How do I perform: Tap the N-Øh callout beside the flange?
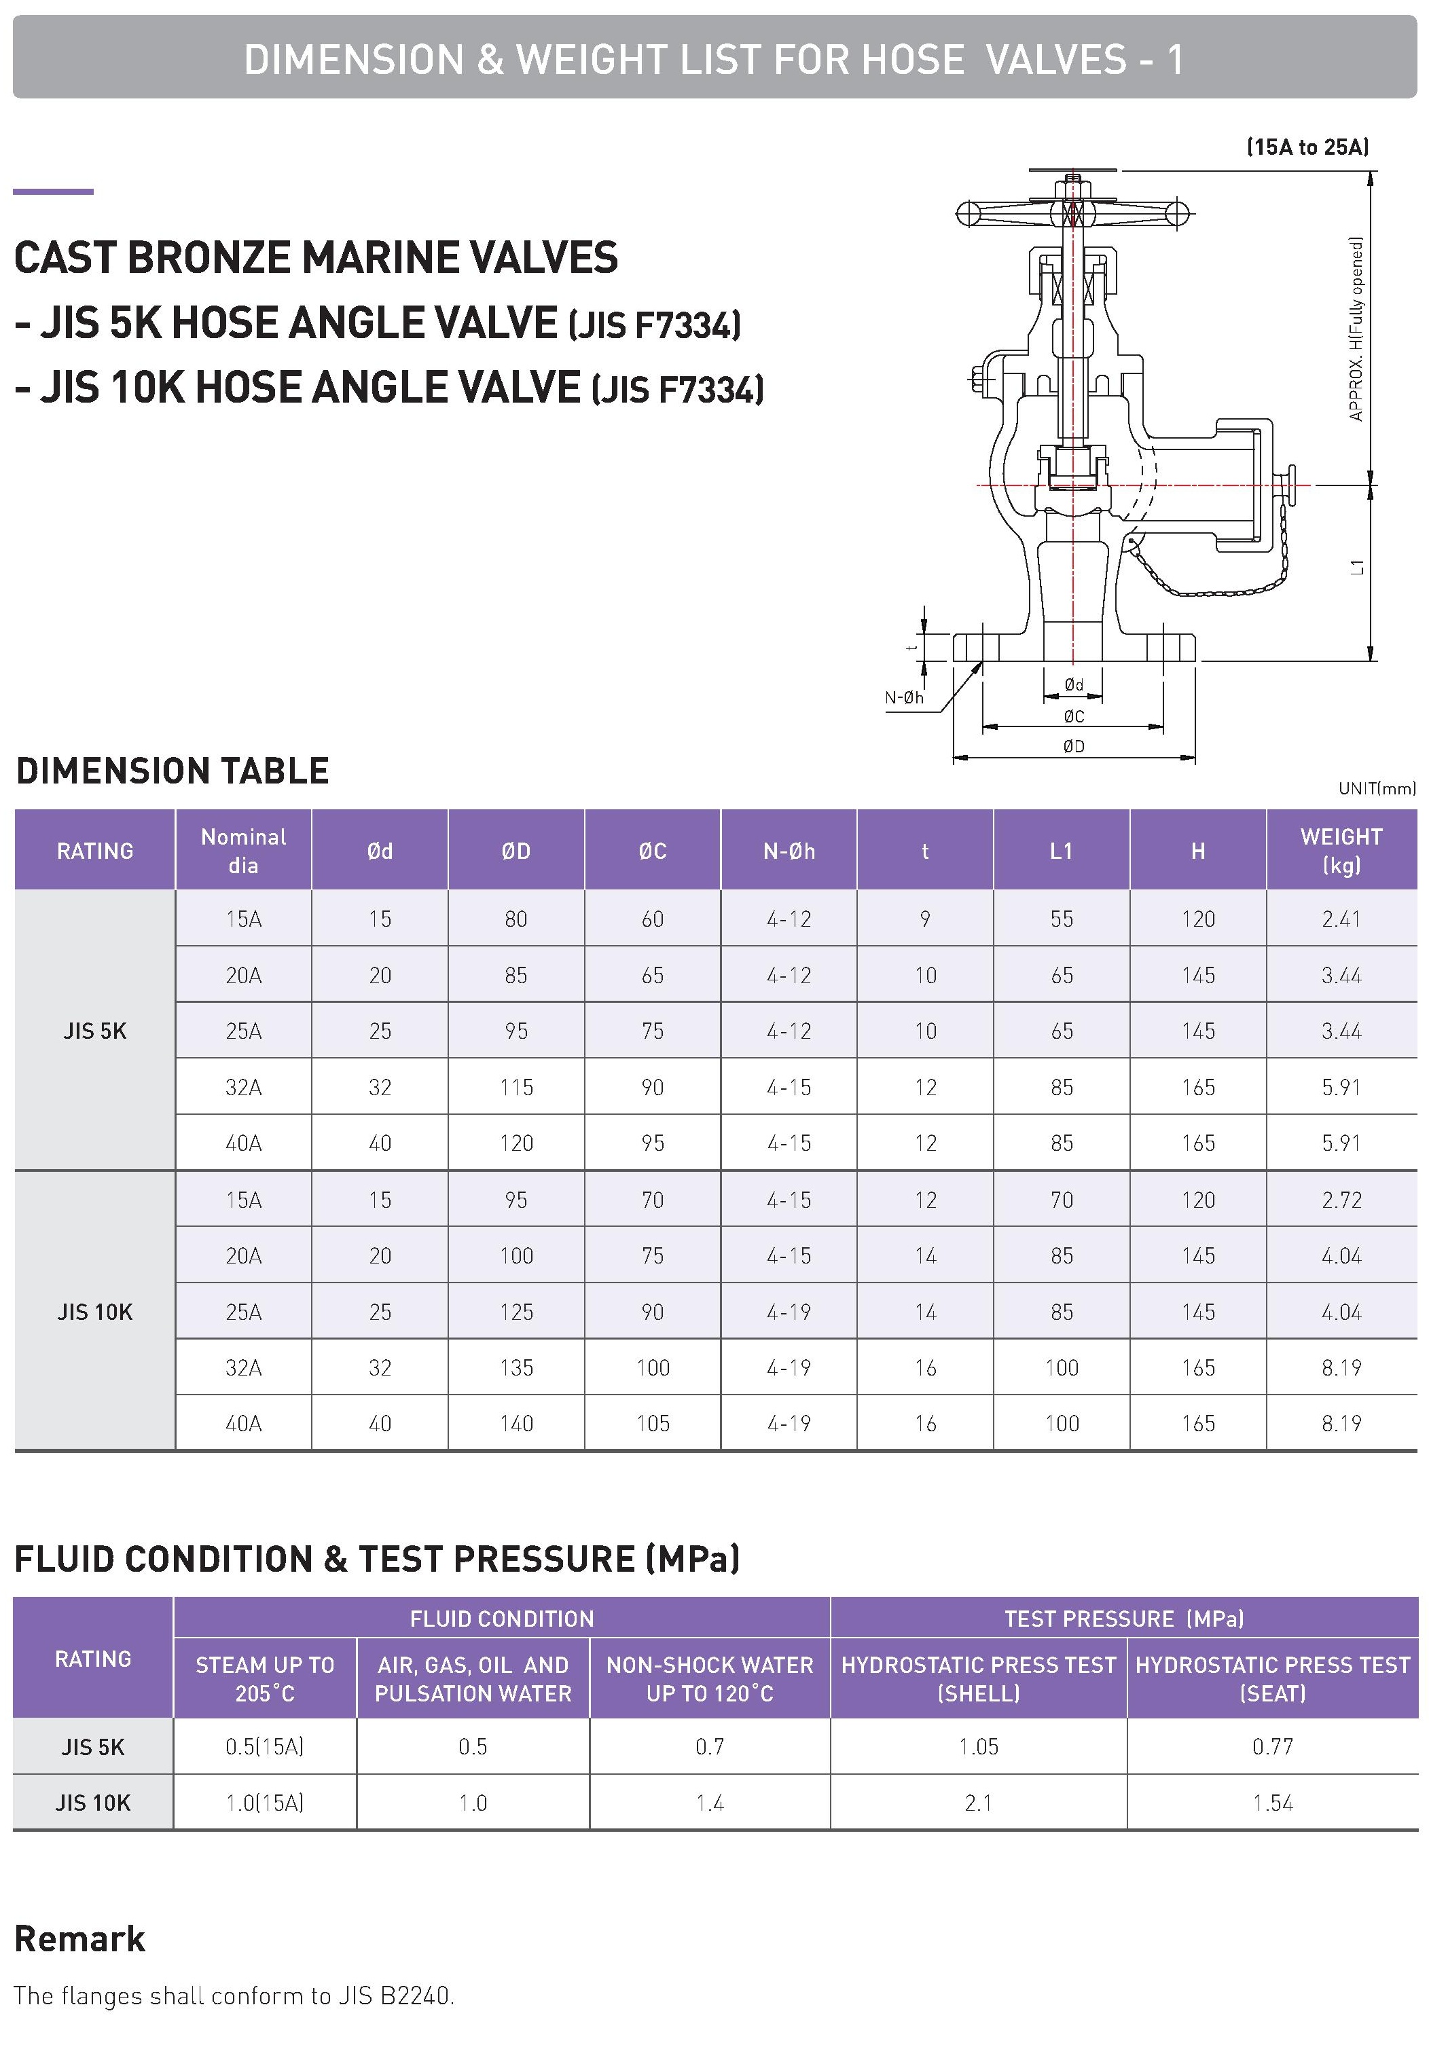[x=903, y=697]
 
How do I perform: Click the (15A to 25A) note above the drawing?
[x=1307, y=147]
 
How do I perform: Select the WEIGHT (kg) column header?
[x=1340, y=850]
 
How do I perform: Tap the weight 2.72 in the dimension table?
[x=1340, y=1200]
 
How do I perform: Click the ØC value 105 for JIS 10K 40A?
[x=653, y=1423]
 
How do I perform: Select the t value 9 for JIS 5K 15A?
[x=925, y=919]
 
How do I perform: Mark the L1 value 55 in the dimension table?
[x=1061, y=919]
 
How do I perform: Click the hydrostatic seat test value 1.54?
[x=1272, y=1803]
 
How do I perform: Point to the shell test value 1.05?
[x=978, y=1746]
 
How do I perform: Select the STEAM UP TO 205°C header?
[x=265, y=1679]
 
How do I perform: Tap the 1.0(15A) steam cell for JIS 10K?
[x=265, y=1803]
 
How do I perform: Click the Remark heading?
[x=79, y=1938]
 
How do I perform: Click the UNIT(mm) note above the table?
[x=1376, y=788]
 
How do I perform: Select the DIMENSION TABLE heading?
[x=173, y=771]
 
